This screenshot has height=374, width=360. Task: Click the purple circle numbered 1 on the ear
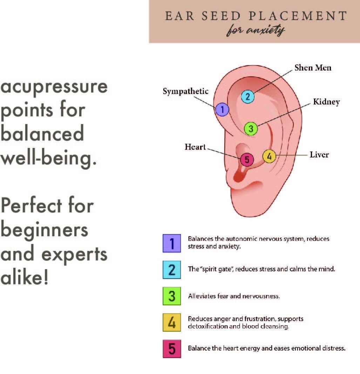pyautogui.click(x=222, y=110)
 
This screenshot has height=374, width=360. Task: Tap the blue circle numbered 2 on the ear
pyautogui.click(x=247, y=97)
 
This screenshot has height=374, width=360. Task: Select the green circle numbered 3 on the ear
pyautogui.click(x=251, y=129)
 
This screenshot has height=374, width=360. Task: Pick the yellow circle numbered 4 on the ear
pyautogui.click(x=269, y=156)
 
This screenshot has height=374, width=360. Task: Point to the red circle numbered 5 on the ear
pyautogui.click(x=247, y=160)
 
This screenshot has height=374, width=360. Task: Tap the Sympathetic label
pyautogui.click(x=185, y=91)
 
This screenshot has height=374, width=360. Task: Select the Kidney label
pyautogui.click(x=326, y=102)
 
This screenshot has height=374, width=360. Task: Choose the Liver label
pyautogui.click(x=319, y=155)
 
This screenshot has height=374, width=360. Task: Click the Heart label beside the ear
pyautogui.click(x=195, y=147)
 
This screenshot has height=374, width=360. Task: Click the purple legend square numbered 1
pyautogui.click(x=172, y=243)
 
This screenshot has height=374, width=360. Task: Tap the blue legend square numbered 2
pyautogui.click(x=172, y=270)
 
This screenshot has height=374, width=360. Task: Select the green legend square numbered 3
pyautogui.click(x=172, y=296)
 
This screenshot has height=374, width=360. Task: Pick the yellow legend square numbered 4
pyautogui.click(x=172, y=322)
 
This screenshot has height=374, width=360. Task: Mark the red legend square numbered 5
pyautogui.click(x=172, y=349)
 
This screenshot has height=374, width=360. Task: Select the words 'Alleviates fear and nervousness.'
pyautogui.click(x=234, y=297)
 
